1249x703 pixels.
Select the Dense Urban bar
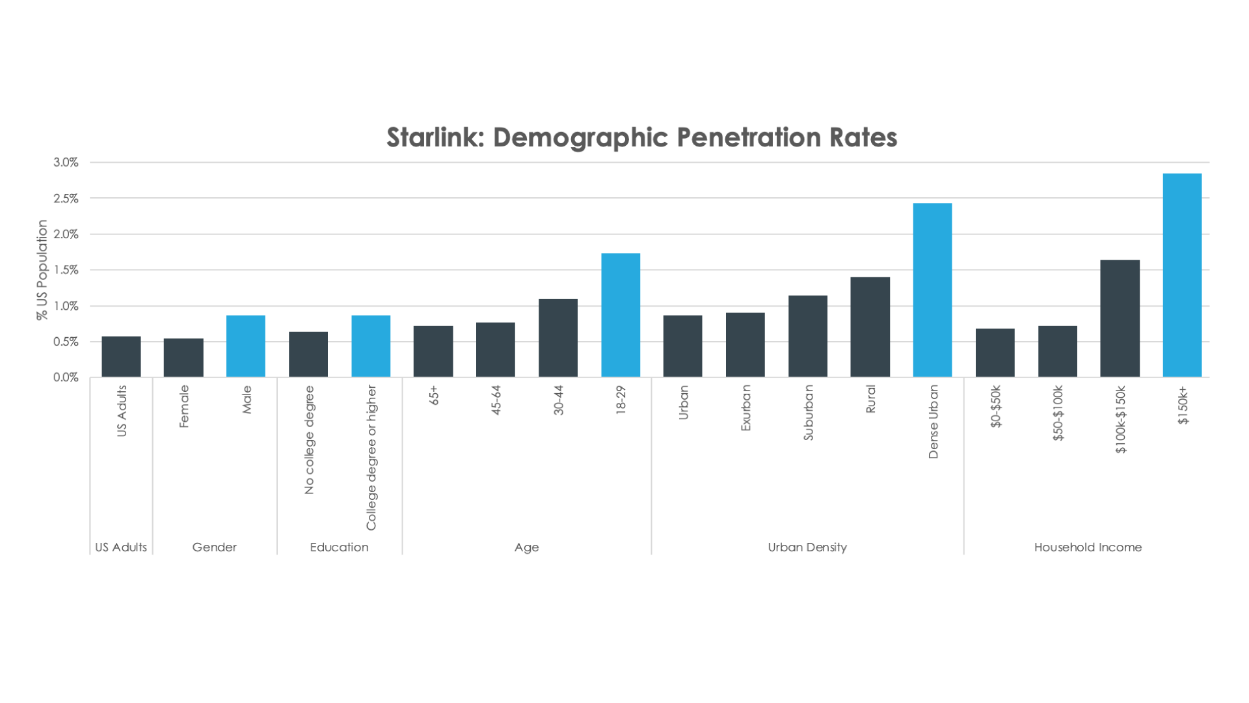(932, 290)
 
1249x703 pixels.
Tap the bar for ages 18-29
(621, 315)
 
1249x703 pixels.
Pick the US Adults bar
(121, 357)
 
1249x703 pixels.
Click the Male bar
(246, 346)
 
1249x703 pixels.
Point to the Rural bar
(870, 327)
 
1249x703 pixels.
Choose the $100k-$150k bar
(1120, 318)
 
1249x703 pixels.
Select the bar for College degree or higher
(371, 346)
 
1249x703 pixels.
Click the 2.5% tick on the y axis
(66, 199)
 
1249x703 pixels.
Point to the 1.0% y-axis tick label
(66, 306)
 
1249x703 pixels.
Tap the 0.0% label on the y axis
(66, 378)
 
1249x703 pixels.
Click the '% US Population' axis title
(42, 269)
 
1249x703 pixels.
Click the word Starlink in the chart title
(435, 137)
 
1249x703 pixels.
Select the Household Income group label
(1088, 547)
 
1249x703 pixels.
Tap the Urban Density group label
(807, 547)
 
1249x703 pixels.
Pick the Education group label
(339, 547)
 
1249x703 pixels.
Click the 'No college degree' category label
(309, 440)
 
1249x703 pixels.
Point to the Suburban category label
(809, 413)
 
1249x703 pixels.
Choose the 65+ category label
(434, 395)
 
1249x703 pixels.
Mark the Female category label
(184, 406)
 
